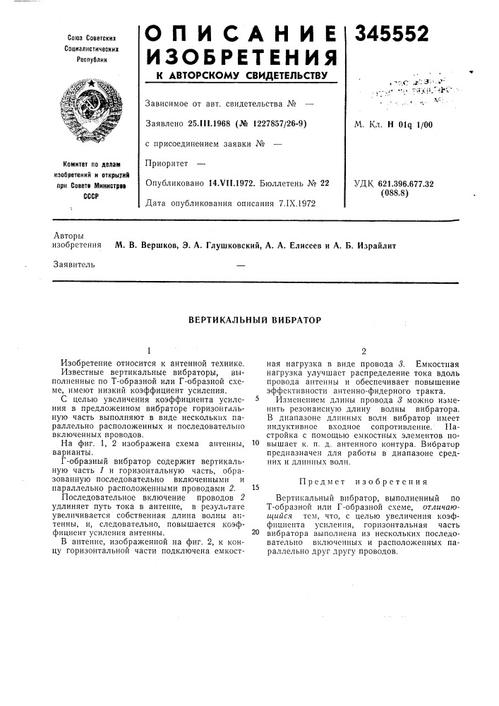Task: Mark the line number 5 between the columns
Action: point(258,397)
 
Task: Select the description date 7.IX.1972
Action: point(294,203)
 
